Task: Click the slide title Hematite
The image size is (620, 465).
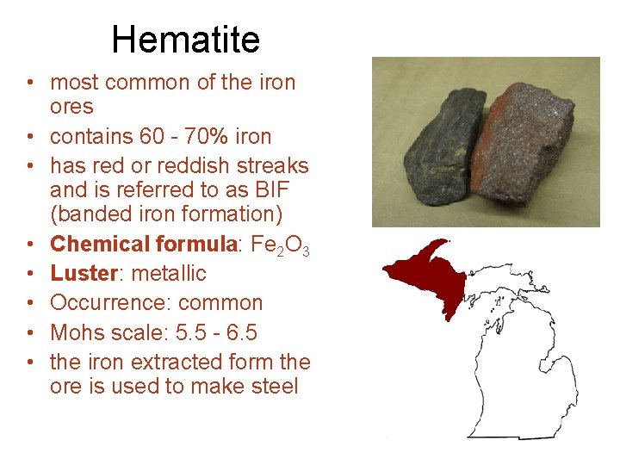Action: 185,40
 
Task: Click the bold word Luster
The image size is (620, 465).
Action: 84,274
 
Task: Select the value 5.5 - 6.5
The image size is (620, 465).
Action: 209,332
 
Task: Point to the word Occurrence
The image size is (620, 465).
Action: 100,303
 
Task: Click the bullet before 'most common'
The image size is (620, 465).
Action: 29,84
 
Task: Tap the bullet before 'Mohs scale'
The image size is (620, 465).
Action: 29,333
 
